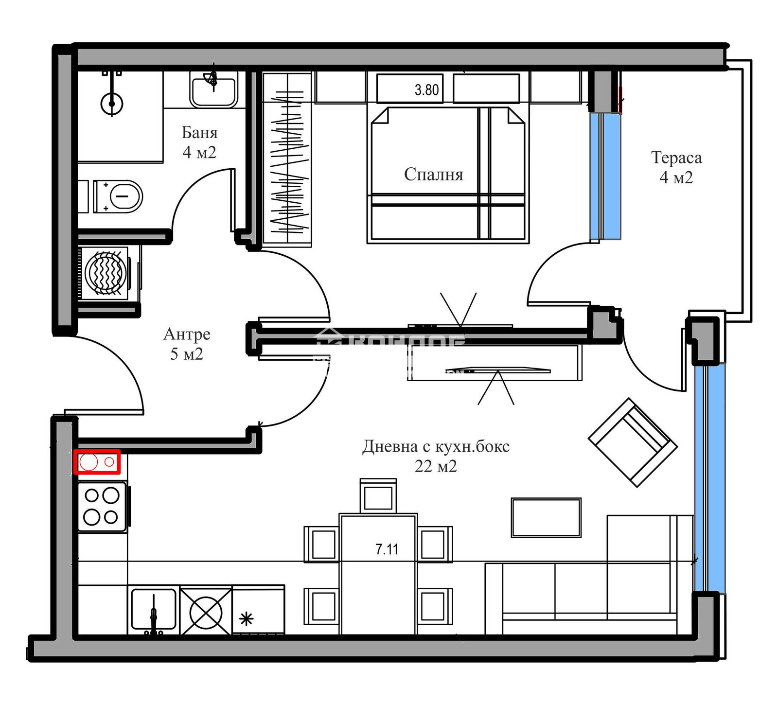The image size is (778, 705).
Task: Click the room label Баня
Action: tap(199, 132)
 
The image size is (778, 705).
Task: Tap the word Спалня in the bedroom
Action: tap(433, 174)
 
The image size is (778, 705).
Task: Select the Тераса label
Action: tap(676, 158)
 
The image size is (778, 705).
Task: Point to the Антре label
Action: tap(187, 334)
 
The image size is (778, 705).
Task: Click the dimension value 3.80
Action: tap(426, 90)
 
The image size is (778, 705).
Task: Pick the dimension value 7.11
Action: tap(387, 549)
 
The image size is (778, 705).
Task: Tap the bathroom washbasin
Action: tap(213, 90)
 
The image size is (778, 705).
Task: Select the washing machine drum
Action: tap(106, 273)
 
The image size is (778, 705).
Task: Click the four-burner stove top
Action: tap(102, 507)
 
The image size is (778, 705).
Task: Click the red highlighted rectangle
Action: tap(97, 461)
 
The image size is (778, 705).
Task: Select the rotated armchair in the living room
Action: tap(632, 442)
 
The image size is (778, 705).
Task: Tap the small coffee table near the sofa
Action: tap(546, 517)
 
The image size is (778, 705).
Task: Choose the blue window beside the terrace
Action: tap(605, 176)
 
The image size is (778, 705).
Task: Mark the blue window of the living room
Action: tap(709, 478)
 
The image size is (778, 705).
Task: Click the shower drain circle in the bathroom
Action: tap(112, 104)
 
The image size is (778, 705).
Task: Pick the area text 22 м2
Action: tap(436, 466)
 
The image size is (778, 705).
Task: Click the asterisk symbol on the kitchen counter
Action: tap(247, 619)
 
